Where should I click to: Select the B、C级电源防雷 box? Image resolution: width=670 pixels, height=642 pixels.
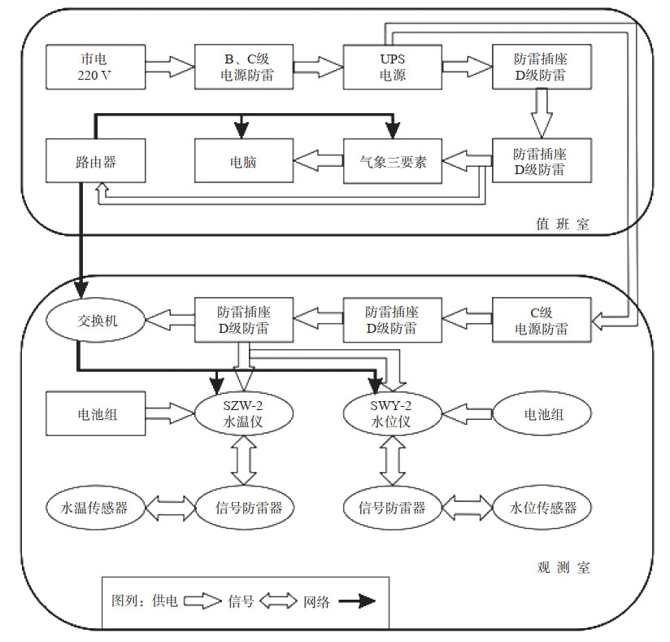[243, 68]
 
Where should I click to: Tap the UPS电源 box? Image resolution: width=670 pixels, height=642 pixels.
[393, 68]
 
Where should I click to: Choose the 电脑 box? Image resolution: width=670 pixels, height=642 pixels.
[243, 161]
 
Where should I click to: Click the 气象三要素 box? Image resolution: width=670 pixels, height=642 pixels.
[393, 161]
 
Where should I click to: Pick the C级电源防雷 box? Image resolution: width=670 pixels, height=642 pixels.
[542, 321]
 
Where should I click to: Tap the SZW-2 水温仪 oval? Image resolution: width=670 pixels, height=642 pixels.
[243, 415]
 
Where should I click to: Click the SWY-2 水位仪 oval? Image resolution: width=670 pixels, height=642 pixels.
[393, 415]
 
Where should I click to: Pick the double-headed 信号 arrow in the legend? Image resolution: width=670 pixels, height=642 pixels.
[280, 602]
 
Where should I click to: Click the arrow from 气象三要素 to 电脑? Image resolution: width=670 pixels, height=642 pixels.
[318, 161]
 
